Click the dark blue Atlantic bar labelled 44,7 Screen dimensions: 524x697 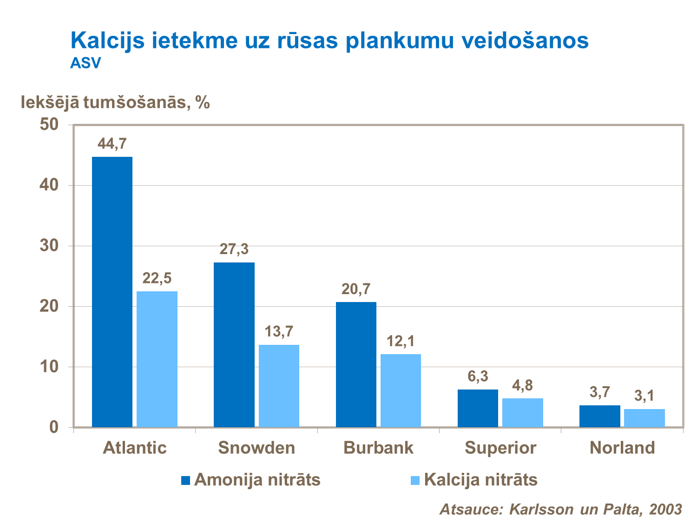pos(112,292)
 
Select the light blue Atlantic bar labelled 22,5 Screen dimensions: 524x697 pos(157,359)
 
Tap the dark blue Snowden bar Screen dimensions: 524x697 pos(234,344)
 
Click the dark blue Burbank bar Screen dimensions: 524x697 pos(356,364)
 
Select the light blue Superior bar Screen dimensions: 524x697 pos(522,412)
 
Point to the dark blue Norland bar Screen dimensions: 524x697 pos(599,416)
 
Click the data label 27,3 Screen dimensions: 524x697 pos(234,249)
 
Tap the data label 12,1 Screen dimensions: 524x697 pos(400,341)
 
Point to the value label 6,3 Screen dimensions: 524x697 pos(478,376)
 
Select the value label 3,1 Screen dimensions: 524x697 pos(644,396)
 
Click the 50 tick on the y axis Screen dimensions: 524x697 pos(49,125)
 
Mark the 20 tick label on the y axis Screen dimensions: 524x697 pos(49,306)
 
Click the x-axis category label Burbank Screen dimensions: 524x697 pos(378,448)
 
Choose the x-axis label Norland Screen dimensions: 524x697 pos(622,448)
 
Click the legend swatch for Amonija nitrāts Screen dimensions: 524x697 pos(185,480)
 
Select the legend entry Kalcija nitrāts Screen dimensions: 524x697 pos(480,480)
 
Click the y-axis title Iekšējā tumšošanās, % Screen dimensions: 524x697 pos(115,102)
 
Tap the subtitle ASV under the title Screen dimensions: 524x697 pos(85,63)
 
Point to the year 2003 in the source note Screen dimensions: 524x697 pos(665,509)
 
